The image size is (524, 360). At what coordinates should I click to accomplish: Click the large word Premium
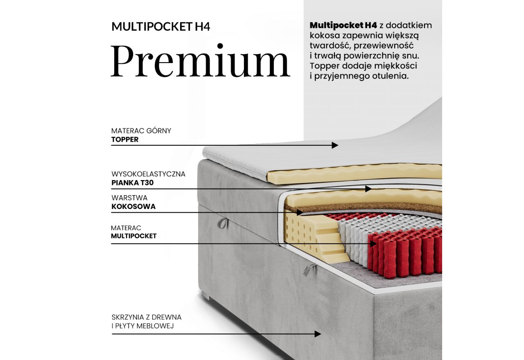pyautogui.click(x=200, y=61)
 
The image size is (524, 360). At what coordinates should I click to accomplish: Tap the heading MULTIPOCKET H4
pyautogui.click(x=161, y=27)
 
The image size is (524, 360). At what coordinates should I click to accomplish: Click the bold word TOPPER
pyautogui.click(x=125, y=139)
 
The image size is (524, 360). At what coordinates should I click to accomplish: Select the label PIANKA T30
pyautogui.click(x=133, y=183)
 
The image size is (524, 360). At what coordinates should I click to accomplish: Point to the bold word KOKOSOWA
pyautogui.click(x=133, y=207)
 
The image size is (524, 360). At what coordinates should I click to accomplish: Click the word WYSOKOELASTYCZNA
pyautogui.click(x=148, y=174)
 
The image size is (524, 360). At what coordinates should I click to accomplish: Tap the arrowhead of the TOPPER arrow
pyautogui.click(x=335, y=145)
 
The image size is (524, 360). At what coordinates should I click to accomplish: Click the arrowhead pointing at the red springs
pyautogui.click(x=374, y=243)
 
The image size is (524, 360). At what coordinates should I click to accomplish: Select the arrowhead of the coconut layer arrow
pyautogui.click(x=300, y=212)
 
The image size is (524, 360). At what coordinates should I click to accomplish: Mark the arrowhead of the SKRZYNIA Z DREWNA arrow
pyautogui.click(x=318, y=334)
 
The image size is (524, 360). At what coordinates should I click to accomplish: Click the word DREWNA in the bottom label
pyautogui.click(x=166, y=317)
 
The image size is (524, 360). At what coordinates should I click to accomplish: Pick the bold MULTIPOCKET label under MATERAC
pyautogui.click(x=134, y=236)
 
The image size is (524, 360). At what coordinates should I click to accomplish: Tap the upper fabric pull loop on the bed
pyautogui.click(x=222, y=223)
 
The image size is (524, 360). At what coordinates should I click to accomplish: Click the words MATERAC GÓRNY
pyautogui.click(x=141, y=131)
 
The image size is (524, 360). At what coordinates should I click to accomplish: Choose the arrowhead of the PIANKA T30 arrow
pyautogui.click(x=368, y=189)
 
